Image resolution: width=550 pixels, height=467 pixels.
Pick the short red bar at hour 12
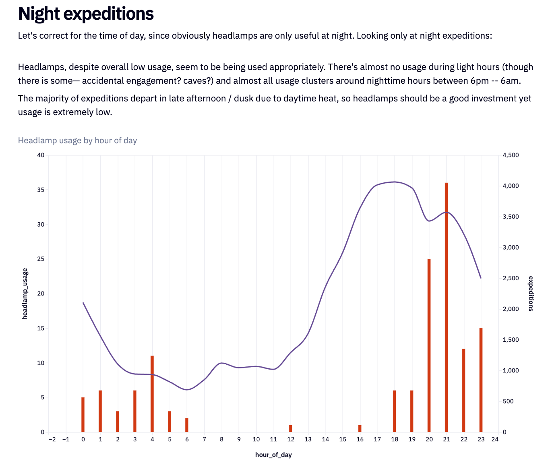coord(291,428)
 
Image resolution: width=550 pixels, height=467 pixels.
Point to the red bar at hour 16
coord(360,428)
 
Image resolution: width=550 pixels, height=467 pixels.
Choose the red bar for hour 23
coord(481,380)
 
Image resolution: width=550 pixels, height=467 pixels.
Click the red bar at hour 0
coord(83,415)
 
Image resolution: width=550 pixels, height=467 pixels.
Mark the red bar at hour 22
coord(463,391)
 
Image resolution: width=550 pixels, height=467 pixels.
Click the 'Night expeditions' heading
coord(86,14)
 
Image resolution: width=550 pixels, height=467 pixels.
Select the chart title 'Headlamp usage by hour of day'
coord(77,141)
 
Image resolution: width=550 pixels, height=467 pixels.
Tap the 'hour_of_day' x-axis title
coord(273,455)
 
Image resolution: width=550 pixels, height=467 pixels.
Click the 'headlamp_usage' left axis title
coord(25,293)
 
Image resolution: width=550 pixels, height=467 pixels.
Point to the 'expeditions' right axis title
coord(531,293)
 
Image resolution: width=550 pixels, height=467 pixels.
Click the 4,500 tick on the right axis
coord(511,155)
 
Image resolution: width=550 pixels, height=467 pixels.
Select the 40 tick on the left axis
coord(41,155)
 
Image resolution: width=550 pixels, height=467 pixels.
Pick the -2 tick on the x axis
coord(52,439)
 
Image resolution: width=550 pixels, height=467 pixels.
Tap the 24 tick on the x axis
coord(495,439)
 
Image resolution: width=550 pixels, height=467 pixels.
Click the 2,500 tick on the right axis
coord(511,278)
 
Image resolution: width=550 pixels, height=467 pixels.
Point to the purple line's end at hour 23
coord(481,278)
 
